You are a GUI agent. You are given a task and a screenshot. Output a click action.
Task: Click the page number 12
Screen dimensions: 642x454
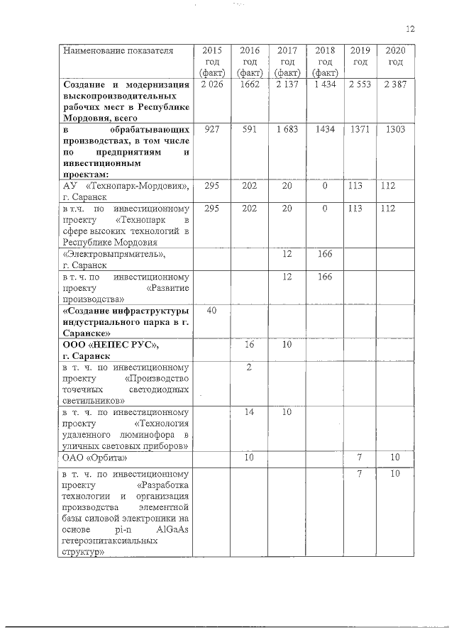410,29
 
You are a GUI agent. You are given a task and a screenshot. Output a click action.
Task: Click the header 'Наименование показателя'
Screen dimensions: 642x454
108,51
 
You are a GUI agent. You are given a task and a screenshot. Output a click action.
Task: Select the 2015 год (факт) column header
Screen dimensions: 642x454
212,62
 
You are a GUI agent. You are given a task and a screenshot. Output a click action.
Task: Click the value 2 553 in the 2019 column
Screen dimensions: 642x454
360,85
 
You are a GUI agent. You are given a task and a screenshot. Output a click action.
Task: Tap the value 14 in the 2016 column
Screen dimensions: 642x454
249,412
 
